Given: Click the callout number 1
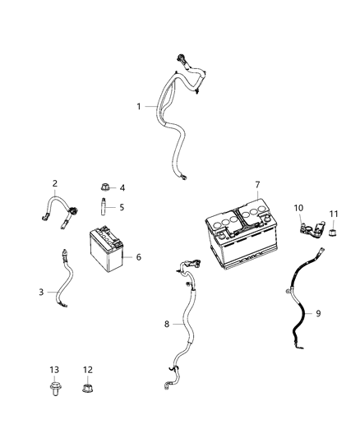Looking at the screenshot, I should point(139,106).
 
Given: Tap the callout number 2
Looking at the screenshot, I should point(54,183).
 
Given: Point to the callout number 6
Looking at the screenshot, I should point(139,257).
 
